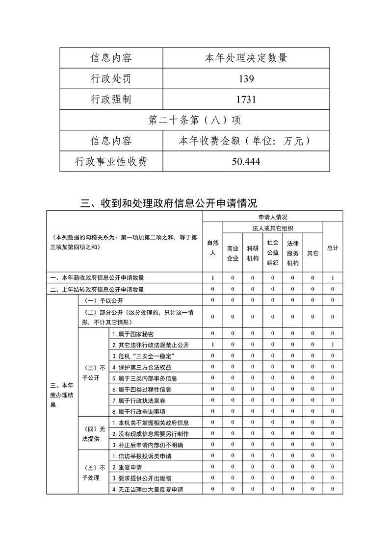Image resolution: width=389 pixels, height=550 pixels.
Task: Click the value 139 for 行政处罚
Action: click(x=245, y=79)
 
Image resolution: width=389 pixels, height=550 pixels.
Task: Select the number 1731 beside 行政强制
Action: click(x=245, y=100)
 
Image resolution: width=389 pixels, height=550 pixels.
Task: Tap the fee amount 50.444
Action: click(x=245, y=162)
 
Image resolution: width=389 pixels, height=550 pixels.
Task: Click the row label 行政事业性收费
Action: click(x=111, y=162)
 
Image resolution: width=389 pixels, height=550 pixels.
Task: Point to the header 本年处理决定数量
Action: click(x=245, y=58)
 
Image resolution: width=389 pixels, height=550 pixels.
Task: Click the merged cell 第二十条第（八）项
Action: click(x=194, y=120)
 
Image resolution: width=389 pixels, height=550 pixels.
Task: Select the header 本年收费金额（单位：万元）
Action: click(x=245, y=141)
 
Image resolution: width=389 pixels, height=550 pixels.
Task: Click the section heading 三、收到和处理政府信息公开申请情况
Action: click(x=169, y=203)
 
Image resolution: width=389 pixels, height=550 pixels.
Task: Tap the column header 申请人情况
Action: click(x=273, y=216)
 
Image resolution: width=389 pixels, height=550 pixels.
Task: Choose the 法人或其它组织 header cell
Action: click(x=273, y=228)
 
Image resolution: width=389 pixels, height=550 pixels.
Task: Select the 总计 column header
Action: click(x=333, y=248)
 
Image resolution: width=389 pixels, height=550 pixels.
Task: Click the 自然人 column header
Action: click(x=212, y=248)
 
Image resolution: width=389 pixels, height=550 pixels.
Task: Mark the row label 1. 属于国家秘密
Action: click(x=130, y=334)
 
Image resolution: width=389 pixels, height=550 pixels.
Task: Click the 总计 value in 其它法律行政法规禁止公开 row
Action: click(x=333, y=345)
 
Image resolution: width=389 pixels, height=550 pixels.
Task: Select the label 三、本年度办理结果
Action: click(x=62, y=395)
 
